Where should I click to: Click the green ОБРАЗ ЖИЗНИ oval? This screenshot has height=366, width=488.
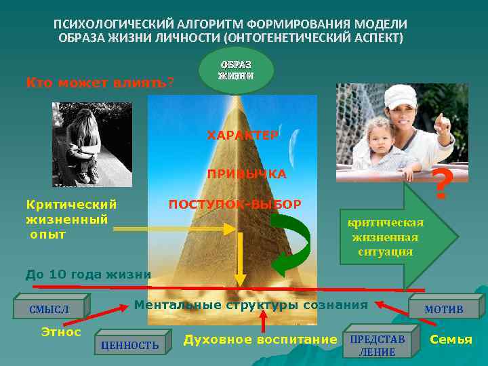[x=236, y=70]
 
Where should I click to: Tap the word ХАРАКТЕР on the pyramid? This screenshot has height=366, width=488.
[x=242, y=136]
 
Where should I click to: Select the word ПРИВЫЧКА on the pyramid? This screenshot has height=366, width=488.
[x=247, y=174]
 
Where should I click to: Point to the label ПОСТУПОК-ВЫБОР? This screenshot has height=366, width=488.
[x=235, y=204]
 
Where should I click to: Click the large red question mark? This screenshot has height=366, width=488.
[x=441, y=185]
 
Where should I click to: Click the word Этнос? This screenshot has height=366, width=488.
[x=61, y=332]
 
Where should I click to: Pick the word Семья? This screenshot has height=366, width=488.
[x=451, y=339]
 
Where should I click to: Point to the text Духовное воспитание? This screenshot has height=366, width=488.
[x=260, y=339]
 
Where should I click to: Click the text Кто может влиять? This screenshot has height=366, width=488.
[x=99, y=83]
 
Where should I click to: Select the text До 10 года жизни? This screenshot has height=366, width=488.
[x=87, y=274]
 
